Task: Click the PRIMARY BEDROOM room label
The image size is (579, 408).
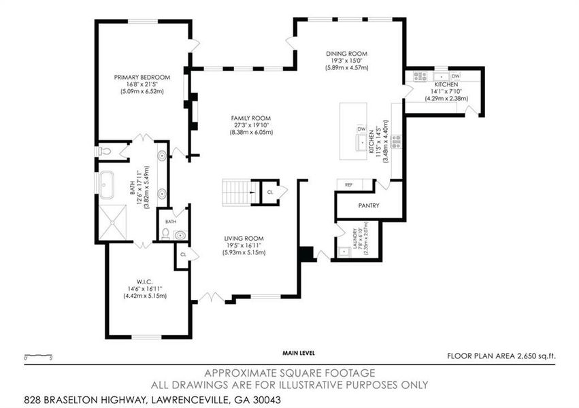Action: pos(142,77)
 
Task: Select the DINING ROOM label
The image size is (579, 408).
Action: pos(346,54)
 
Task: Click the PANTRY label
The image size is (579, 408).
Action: pos(369,205)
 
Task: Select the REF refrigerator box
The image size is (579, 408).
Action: pos(349,185)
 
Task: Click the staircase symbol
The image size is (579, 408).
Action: pos(237,192)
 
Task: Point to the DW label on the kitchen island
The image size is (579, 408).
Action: pos(361,129)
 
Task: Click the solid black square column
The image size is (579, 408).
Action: pos(306,254)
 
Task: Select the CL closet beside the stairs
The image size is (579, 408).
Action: pos(269,192)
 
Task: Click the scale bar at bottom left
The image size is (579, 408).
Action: pos(37,355)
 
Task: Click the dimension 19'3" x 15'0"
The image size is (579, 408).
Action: pos(346,61)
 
